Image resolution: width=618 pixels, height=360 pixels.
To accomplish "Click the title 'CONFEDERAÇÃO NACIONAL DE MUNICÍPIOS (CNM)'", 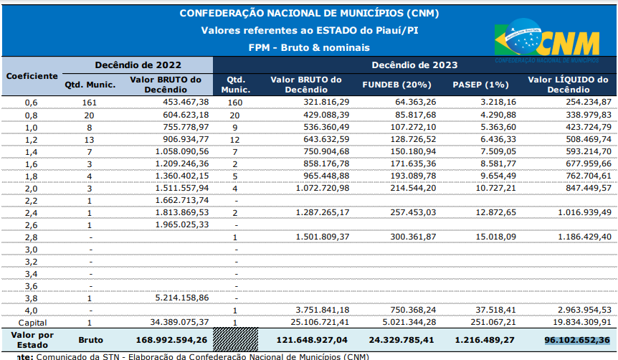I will tap(309, 13).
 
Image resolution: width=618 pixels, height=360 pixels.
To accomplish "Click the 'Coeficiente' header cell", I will tap(32, 75).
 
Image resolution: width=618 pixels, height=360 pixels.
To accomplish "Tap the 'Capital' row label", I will tap(32, 322).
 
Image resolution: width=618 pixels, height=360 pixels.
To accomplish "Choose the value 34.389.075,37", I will tap(174, 322).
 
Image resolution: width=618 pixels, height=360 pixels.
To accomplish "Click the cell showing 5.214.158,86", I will tap(176, 298).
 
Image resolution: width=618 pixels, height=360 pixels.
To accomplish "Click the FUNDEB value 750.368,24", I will tap(411, 310).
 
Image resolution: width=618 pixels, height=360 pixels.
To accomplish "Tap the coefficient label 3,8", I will tap(32, 298).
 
